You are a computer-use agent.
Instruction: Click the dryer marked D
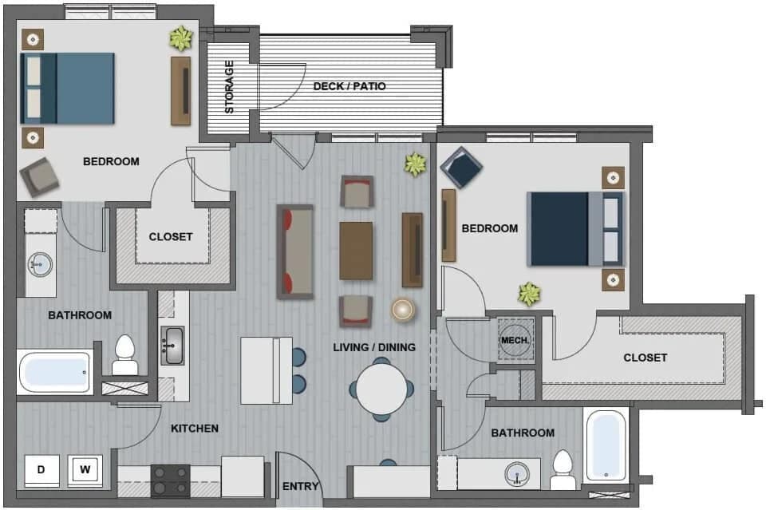(41, 470)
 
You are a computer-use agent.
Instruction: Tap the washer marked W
(84, 470)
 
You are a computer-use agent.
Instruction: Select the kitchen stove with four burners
(171, 480)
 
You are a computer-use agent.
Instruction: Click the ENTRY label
(301, 486)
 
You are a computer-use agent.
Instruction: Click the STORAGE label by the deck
(230, 86)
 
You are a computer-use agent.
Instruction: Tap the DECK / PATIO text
(349, 86)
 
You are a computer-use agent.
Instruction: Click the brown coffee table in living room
(356, 251)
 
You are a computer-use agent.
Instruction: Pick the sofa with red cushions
(294, 251)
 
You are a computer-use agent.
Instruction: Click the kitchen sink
(172, 346)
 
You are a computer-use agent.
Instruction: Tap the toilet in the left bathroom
(125, 355)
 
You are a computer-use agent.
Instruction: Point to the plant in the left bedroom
(180, 38)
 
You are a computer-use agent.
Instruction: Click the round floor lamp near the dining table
(404, 310)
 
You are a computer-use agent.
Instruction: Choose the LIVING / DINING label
(374, 346)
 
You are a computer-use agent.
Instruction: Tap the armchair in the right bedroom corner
(461, 167)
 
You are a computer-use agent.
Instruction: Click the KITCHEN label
(195, 429)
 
